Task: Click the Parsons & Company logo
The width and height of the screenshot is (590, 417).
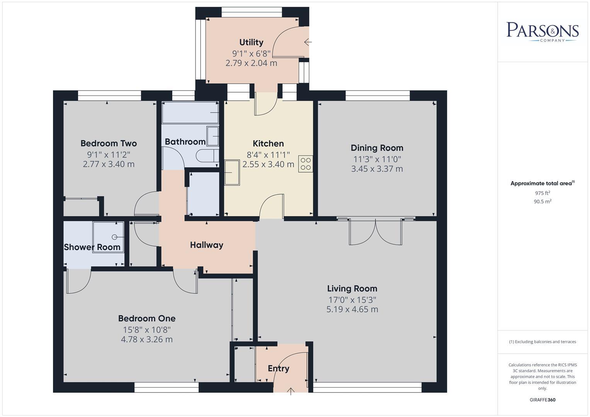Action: click(542, 31)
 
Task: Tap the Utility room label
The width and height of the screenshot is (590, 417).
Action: click(251, 42)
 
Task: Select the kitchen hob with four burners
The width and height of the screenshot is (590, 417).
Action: click(306, 164)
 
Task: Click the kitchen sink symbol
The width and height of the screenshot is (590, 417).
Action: click(232, 172)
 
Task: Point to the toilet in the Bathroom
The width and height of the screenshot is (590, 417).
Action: click(205, 156)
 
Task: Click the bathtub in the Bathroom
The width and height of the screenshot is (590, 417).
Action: click(190, 112)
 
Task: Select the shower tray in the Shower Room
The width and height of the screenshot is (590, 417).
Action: click(108, 237)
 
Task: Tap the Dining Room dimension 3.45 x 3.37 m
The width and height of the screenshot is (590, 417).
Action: click(377, 169)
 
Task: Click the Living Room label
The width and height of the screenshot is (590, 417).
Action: click(352, 288)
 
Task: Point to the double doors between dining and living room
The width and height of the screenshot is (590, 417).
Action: click(375, 232)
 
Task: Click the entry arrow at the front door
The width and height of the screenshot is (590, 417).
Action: click(291, 392)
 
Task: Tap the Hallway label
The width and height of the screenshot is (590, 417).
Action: click(206, 245)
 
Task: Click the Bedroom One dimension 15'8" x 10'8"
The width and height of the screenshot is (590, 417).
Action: click(146, 329)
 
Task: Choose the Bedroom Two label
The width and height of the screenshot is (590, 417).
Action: click(109, 143)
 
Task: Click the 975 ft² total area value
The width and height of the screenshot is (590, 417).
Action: click(542, 193)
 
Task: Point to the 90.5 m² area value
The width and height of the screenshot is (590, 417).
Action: click(542, 201)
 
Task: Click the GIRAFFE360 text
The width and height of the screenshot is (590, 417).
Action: click(542, 400)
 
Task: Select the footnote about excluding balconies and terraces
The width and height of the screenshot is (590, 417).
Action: click(542, 342)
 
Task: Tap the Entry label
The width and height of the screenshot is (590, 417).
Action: click(278, 368)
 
